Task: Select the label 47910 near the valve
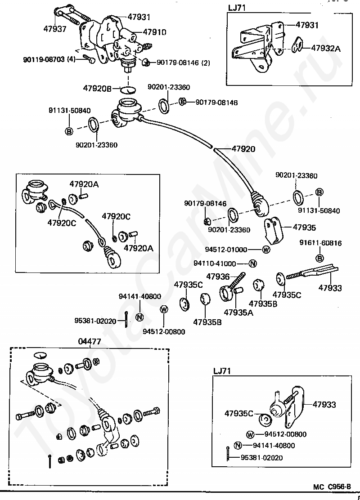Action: click(x=154, y=32)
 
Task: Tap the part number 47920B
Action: click(x=97, y=89)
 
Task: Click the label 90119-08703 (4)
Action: click(x=50, y=59)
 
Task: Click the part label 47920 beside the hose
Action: click(x=243, y=149)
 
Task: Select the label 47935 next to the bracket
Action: click(x=304, y=228)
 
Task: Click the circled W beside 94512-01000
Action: click(x=266, y=250)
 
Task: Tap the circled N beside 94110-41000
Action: click(x=252, y=263)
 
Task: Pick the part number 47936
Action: click(x=218, y=277)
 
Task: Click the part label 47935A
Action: click(x=238, y=312)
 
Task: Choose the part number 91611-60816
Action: click(x=320, y=243)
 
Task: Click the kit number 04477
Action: click(x=90, y=342)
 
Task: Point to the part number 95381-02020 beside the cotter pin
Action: click(x=95, y=321)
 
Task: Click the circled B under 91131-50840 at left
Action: click(x=69, y=131)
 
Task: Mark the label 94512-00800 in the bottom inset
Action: click(x=285, y=434)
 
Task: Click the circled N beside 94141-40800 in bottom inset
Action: click(x=238, y=446)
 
